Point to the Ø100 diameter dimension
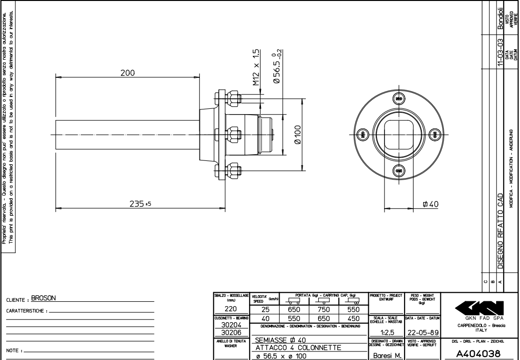297,135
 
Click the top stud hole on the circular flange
399,98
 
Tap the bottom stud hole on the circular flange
399,170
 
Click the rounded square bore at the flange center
399,134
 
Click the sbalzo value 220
231,309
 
